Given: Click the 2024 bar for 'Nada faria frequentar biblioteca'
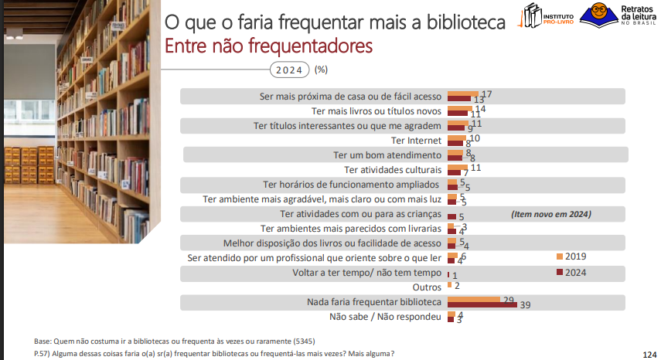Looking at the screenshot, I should [482, 304].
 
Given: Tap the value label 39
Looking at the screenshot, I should [525, 306].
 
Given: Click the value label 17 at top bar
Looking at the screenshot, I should [486, 94].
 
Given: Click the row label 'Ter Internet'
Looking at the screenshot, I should [416, 140].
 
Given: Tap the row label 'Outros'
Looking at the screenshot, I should [428, 287].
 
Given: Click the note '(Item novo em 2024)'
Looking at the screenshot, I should [550, 214].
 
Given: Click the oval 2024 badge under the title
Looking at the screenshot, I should [288, 70].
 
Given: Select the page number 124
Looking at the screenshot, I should [649, 354].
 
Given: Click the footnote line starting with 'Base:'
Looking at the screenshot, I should [174, 341].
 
